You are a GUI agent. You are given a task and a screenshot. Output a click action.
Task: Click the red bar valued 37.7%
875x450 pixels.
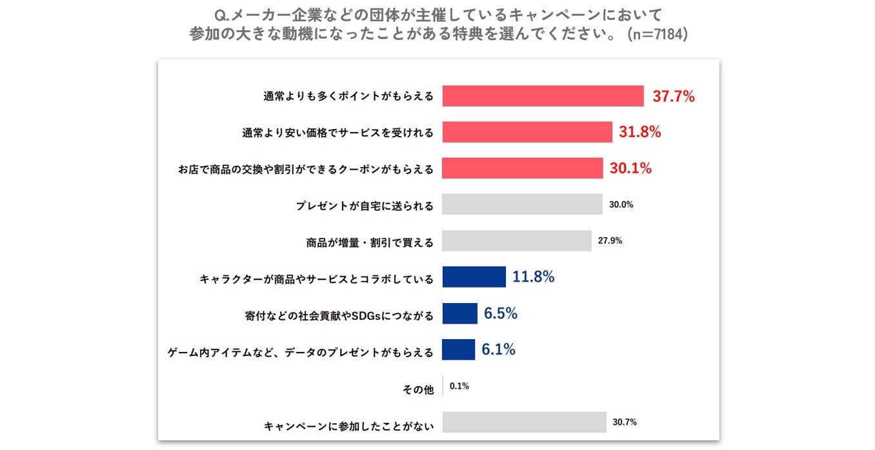pyautogui.click(x=543, y=96)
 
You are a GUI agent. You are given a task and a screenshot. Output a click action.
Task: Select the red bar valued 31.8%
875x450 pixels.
pyautogui.click(x=527, y=132)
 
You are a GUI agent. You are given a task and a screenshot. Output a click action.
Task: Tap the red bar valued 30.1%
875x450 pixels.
pyautogui.click(x=523, y=168)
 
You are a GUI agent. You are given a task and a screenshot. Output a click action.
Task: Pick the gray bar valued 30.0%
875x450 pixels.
pyautogui.click(x=522, y=204)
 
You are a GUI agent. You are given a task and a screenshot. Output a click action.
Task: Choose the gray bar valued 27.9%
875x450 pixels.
pyautogui.click(x=517, y=240)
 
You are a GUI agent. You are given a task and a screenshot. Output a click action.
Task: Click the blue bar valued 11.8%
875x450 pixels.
pyautogui.click(x=474, y=277)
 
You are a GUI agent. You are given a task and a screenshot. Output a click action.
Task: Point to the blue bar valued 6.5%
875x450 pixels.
pyautogui.click(x=460, y=313)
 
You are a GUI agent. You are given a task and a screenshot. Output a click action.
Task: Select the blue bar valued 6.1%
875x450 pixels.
pyautogui.click(x=459, y=349)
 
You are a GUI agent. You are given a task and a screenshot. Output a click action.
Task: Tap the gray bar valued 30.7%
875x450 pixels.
pyautogui.click(x=525, y=422)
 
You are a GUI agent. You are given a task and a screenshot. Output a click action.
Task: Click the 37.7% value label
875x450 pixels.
pyautogui.click(x=674, y=97)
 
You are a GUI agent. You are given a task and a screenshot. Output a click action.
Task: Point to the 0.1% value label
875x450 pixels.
pyautogui.click(x=459, y=386)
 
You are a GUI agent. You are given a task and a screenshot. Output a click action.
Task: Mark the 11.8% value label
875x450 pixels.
pyautogui.click(x=534, y=277)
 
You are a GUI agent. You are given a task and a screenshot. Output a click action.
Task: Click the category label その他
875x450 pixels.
pyautogui.click(x=418, y=389)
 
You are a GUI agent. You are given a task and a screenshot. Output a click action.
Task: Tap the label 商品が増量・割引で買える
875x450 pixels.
pyautogui.click(x=370, y=244)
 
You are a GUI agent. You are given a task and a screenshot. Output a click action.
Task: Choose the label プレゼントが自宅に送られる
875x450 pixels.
pyautogui.click(x=365, y=207)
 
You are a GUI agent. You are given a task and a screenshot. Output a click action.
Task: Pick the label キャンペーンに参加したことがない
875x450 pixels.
pyautogui.click(x=348, y=426)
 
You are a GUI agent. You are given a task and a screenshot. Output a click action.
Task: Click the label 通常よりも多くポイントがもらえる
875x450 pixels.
pyautogui.click(x=348, y=97)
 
